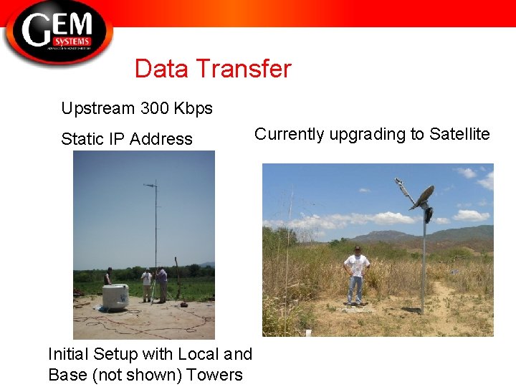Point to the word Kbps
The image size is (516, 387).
(x=193, y=109)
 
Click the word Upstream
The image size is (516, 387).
(x=97, y=109)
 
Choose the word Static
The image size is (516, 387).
(x=82, y=139)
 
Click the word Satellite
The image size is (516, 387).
(x=459, y=134)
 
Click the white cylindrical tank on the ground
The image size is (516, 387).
(x=115, y=295)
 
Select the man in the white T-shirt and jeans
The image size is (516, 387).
(x=356, y=277)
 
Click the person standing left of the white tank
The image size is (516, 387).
(x=108, y=277)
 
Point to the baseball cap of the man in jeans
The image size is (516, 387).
(x=357, y=248)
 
